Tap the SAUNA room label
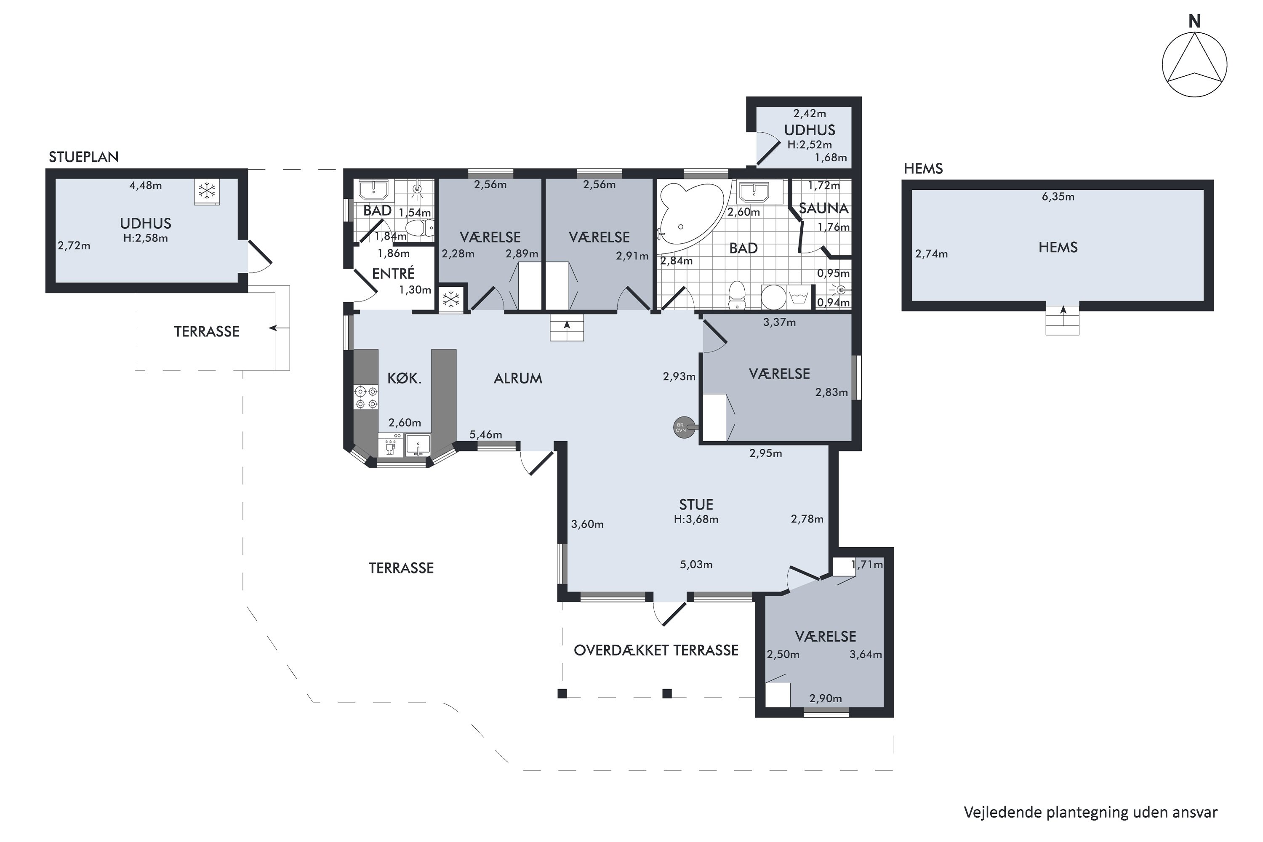pos(823,208)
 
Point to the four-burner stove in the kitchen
pos(366,397)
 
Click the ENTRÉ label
pos(394,273)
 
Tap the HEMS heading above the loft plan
pos(923,169)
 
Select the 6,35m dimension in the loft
pos(1058,197)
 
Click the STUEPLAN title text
pos(84,157)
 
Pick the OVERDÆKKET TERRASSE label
pos(656,650)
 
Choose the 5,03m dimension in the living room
pos(696,565)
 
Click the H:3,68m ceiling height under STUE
pos(696,519)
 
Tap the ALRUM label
pos(518,378)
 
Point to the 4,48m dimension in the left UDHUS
pos(146,185)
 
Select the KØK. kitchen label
pos(404,378)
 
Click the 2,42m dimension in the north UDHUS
pos(810,113)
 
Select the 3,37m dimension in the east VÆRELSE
pos(779,322)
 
